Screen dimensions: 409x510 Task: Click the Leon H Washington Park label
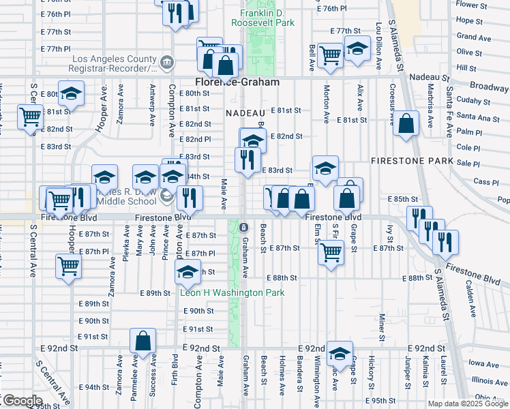pos(232,292)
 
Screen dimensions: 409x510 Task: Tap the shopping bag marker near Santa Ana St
pos(406,124)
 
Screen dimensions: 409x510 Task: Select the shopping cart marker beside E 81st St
pos(30,117)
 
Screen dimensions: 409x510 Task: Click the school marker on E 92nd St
pos(339,354)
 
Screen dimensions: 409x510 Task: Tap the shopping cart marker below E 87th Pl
pos(68,265)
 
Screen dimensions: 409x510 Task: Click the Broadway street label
pos(490,87)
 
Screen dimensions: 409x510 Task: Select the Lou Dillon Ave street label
pos(378,46)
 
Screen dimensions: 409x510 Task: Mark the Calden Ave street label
pos(471,301)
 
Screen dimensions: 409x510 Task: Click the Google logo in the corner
pos(22,400)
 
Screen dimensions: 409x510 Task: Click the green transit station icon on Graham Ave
pos(243,227)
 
